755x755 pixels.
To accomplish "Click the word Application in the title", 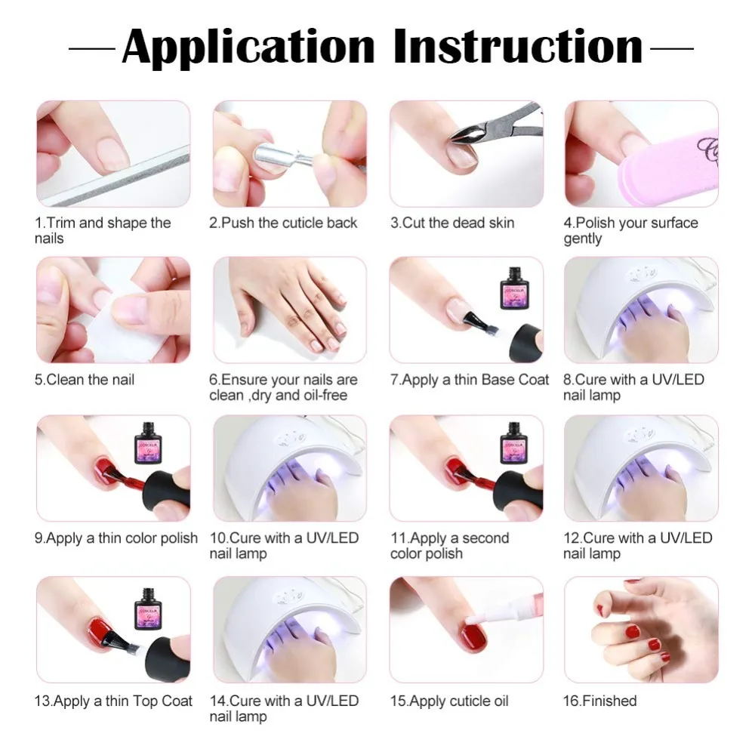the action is click(x=248, y=48).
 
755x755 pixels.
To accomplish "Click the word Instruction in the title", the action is click(x=518, y=46).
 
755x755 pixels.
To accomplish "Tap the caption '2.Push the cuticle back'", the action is click(x=283, y=223).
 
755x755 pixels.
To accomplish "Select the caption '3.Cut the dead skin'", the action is click(x=452, y=223).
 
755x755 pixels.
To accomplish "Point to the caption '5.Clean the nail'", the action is click(x=85, y=380).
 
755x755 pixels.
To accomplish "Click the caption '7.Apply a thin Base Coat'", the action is click(x=470, y=380).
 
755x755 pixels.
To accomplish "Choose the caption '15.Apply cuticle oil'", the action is click(x=449, y=701).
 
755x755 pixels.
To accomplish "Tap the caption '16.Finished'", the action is click(x=600, y=701).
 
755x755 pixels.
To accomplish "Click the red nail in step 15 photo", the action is click(x=474, y=635).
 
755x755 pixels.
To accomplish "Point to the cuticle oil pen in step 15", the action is click(x=501, y=602).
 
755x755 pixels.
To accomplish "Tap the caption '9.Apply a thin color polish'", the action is click(x=116, y=538).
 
